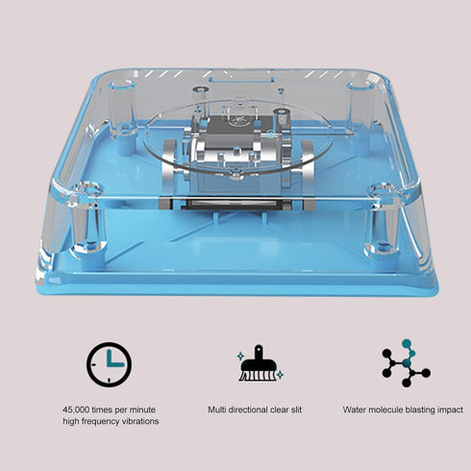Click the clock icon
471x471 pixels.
tap(109, 365)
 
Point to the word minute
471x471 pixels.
tap(143, 409)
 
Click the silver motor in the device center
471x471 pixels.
tap(235, 154)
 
